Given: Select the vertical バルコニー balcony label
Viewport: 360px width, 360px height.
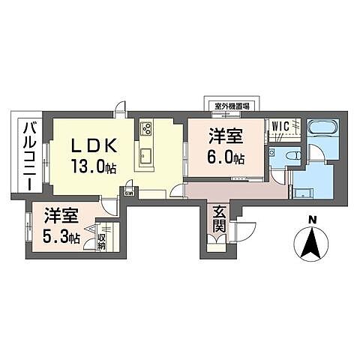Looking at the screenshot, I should (x=28, y=154).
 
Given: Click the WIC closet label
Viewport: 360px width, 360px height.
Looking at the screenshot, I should (x=283, y=126).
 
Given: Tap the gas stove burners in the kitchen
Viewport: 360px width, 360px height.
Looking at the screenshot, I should (x=145, y=127).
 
